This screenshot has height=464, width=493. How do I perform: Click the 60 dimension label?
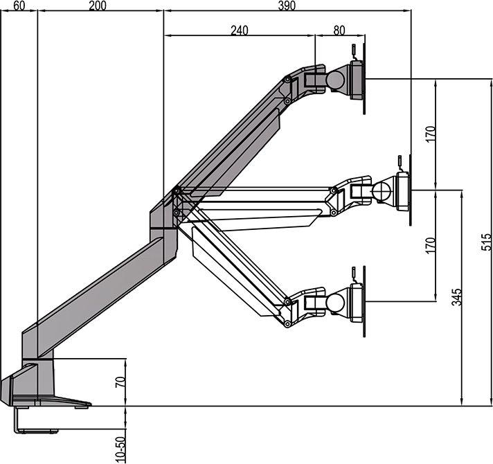click(19, 6)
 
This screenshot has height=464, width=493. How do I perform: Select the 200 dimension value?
click(98, 6)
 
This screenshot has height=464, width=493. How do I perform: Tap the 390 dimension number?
click(286, 6)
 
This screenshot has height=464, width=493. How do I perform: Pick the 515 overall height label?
click(486, 241)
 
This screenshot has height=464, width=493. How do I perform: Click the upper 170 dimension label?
click(430, 134)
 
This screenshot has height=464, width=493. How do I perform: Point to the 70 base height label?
click(120, 382)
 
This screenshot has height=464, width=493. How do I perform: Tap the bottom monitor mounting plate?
click(357, 302)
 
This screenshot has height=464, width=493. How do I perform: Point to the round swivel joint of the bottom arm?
click(336, 303)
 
